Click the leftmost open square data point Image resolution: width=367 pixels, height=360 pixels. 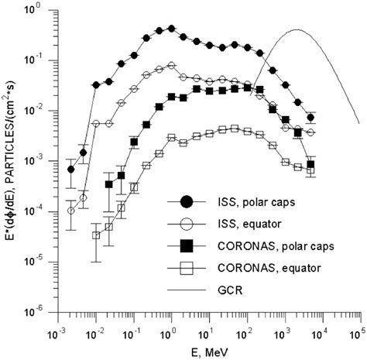[96, 235]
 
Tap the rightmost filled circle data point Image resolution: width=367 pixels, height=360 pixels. [310, 118]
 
